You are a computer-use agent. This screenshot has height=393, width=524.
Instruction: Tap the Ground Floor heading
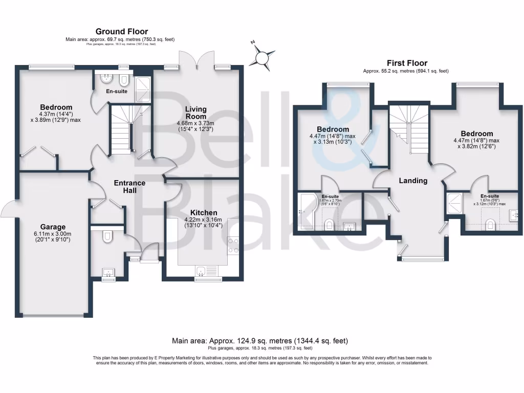[x=122, y=32]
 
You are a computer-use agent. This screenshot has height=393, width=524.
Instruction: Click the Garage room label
[x=53, y=227]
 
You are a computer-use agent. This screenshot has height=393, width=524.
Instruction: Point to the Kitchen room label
[x=204, y=212]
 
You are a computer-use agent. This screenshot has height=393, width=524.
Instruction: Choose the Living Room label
[x=195, y=113]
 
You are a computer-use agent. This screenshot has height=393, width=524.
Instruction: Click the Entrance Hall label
[x=129, y=186]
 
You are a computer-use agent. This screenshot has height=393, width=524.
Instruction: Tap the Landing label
[x=413, y=181]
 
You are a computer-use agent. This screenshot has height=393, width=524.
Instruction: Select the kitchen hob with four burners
[x=233, y=245]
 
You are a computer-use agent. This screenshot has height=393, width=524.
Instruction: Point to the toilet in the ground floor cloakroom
[x=107, y=236]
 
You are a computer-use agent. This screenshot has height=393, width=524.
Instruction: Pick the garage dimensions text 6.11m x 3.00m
[x=53, y=236]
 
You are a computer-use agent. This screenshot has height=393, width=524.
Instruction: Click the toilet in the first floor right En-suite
[x=490, y=223]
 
